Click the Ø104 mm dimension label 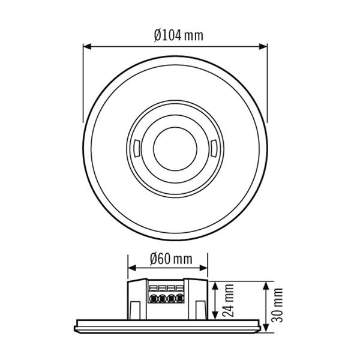click(178, 35)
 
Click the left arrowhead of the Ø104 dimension click(85, 46)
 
